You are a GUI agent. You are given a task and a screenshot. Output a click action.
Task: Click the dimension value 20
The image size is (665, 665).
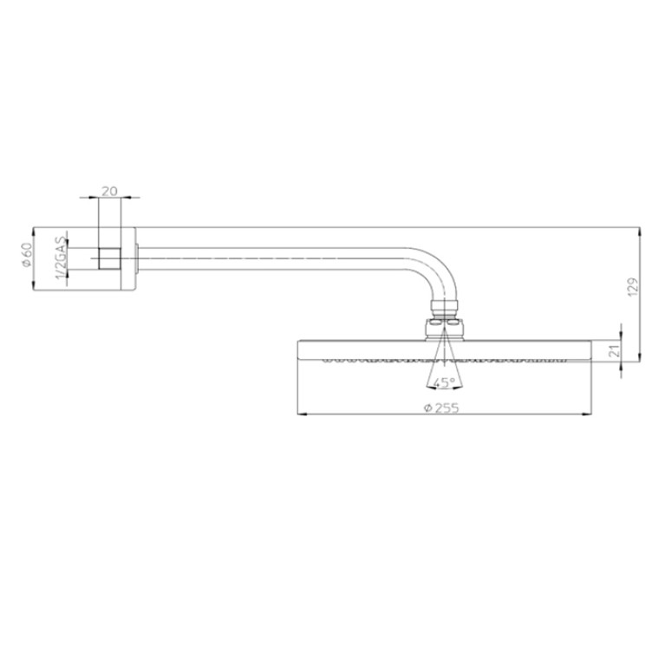point(109,192)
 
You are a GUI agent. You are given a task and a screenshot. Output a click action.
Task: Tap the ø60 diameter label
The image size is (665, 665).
point(27,255)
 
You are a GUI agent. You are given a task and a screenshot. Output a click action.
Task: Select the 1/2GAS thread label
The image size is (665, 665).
point(62,258)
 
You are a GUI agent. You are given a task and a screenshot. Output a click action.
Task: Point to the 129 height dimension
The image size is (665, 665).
point(632,287)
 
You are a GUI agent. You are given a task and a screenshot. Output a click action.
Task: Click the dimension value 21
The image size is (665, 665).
point(615,350)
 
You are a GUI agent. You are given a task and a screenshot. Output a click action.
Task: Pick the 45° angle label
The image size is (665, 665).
point(444,382)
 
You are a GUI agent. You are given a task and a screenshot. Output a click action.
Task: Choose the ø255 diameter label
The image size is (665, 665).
point(441,407)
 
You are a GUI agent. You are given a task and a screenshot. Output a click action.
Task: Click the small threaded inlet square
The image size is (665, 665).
point(109,258)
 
